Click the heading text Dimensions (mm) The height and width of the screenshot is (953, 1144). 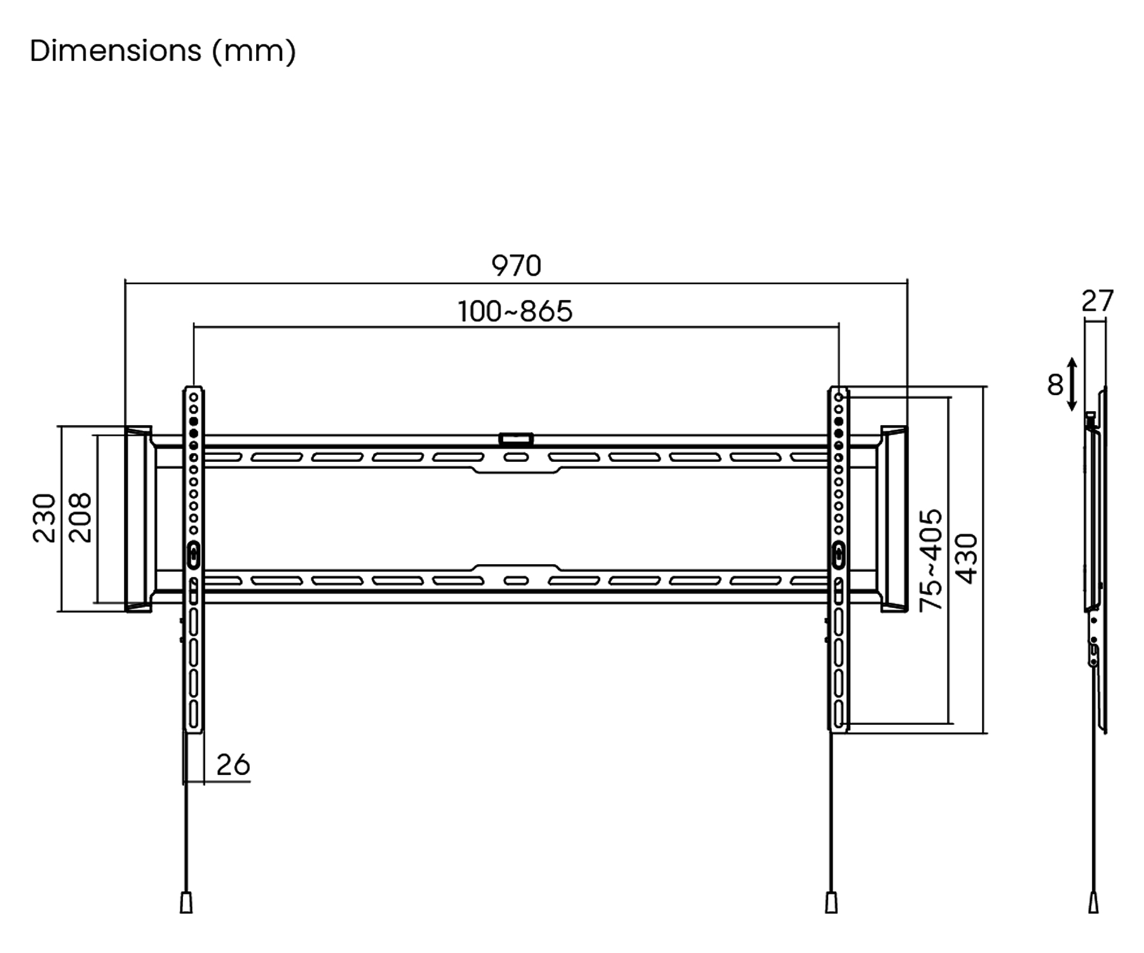[x=163, y=51]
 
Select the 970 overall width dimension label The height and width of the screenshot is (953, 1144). [x=516, y=266]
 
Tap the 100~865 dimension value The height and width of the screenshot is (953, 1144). [x=515, y=311]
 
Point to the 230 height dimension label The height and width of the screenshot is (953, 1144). [x=44, y=518]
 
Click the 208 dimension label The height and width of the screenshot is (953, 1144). [x=81, y=518]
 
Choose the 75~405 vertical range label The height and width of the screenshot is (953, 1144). [x=931, y=560]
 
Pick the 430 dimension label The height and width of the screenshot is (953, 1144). [x=967, y=558]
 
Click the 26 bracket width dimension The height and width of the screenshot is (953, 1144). [x=233, y=765]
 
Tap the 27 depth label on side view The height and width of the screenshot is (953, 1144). [x=1098, y=301]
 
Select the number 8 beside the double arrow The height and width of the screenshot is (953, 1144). [x=1055, y=384]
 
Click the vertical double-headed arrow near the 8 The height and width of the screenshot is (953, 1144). [x=1072, y=384]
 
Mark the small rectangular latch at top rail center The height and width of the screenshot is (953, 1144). [x=516, y=439]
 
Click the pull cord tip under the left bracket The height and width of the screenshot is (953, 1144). [x=186, y=903]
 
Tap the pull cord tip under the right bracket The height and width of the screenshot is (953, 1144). [x=831, y=903]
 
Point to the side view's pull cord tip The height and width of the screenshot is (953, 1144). [x=1093, y=903]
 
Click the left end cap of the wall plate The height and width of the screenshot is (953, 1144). [x=139, y=519]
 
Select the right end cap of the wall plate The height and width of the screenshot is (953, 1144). [x=894, y=519]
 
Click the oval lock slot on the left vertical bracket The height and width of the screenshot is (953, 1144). [x=194, y=555]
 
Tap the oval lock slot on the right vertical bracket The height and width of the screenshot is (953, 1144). [x=839, y=555]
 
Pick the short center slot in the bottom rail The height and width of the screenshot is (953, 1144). [x=516, y=580]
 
